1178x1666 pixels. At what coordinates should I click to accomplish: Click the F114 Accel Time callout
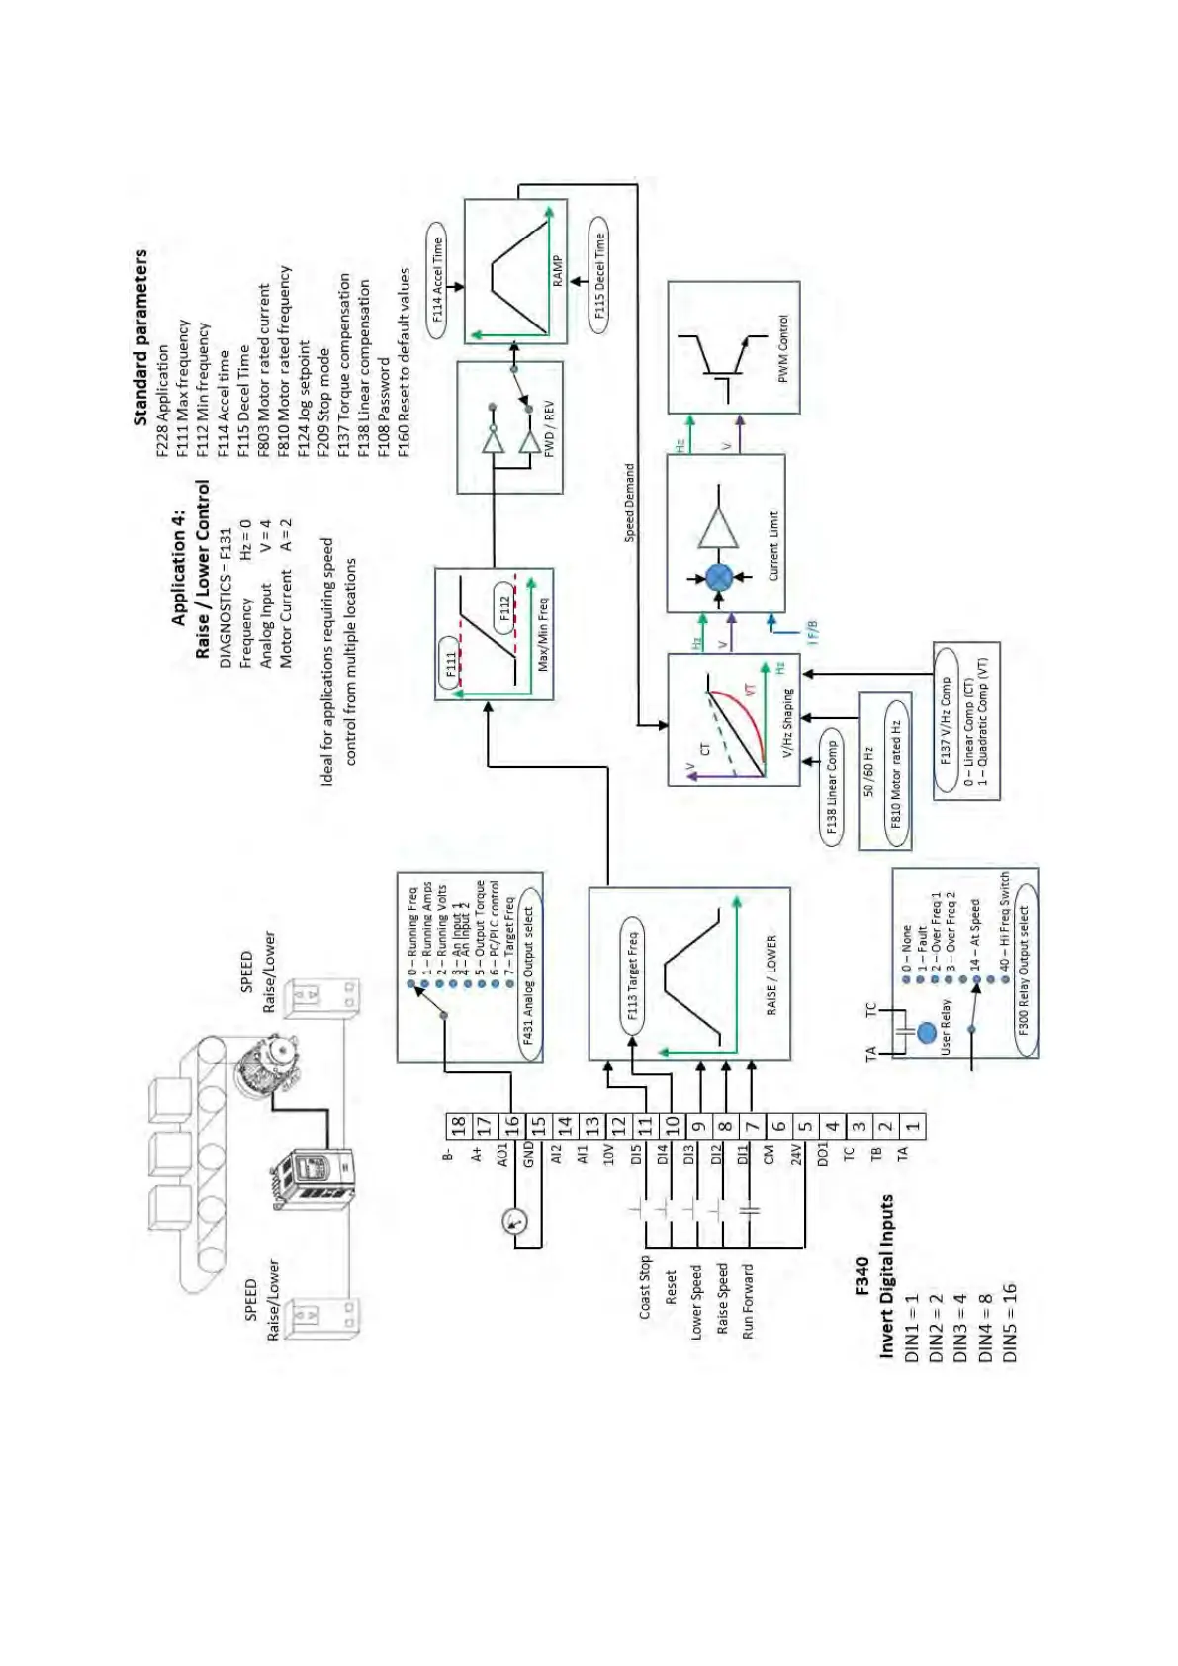437,280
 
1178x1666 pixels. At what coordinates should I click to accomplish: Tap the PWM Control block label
783,348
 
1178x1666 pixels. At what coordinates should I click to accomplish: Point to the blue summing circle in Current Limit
719,577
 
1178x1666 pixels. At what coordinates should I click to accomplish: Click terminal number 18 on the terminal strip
457,1125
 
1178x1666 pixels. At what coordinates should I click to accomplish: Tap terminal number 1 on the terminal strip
913,1125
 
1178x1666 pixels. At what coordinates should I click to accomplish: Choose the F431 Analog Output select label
528,975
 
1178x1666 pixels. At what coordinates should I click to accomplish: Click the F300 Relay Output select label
1024,967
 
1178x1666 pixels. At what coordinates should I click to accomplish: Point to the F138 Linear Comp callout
832,787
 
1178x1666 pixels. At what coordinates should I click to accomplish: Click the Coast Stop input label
645,1286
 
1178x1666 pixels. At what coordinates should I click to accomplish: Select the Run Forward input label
748,1301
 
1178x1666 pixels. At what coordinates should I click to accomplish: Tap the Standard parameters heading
140,336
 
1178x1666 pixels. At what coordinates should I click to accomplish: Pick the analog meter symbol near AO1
515,1221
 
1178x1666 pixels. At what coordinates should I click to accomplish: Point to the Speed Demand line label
629,503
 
